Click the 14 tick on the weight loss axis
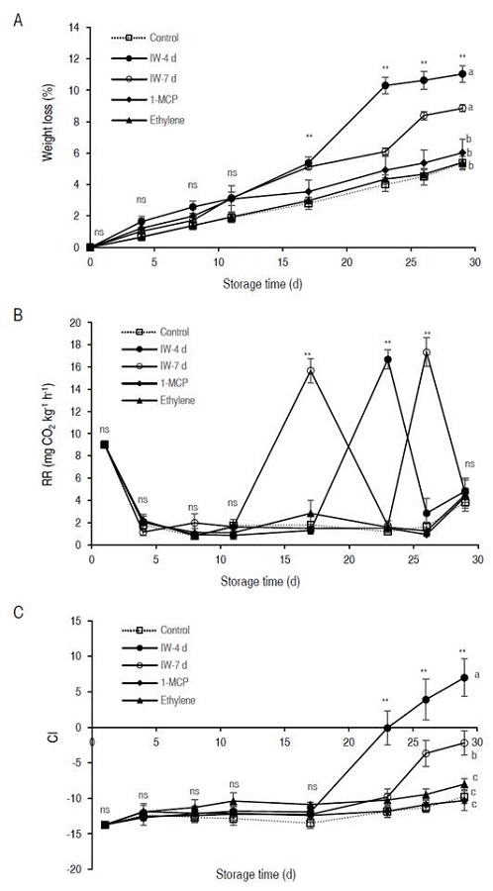click(75, 28)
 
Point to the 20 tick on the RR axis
click(75, 322)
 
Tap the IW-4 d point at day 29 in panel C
click(462, 678)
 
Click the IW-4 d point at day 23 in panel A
click(385, 85)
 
